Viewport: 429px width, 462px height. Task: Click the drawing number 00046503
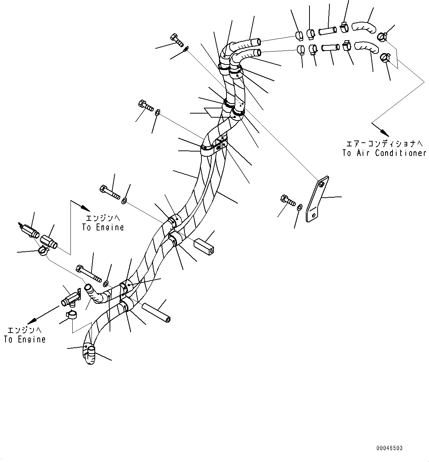389,448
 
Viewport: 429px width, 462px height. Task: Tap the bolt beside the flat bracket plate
288,200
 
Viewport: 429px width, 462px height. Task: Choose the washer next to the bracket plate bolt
300,208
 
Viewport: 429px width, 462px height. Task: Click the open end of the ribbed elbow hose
88,287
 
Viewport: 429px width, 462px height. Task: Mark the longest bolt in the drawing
88,272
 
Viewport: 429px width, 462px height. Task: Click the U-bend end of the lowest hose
89,356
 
